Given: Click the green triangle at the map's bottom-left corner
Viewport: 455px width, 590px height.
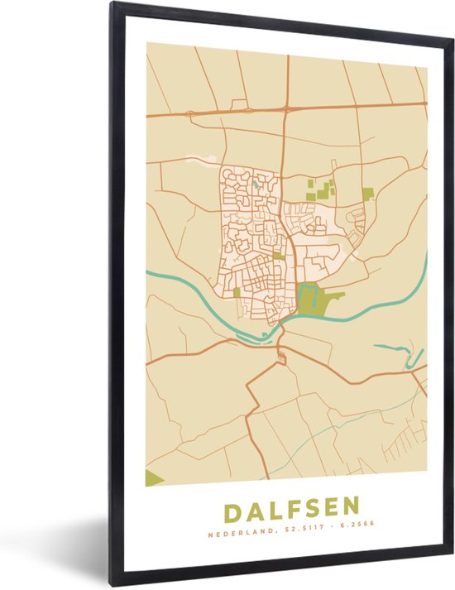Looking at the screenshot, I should pyautogui.click(x=154, y=477).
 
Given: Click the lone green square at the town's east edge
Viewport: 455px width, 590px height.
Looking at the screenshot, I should pyautogui.click(x=367, y=194).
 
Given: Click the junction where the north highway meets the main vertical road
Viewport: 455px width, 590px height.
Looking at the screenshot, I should pyautogui.click(x=285, y=108).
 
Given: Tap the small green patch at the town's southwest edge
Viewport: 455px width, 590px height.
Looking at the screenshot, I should pyautogui.click(x=237, y=292).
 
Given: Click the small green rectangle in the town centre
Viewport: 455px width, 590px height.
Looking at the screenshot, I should pyautogui.click(x=280, y=256).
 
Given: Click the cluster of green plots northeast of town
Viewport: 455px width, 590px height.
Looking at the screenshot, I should pyautogui.click(x=321, y=189).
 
